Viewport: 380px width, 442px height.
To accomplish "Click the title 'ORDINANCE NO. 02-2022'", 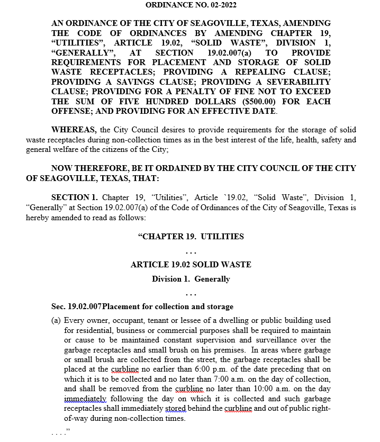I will (191, 5).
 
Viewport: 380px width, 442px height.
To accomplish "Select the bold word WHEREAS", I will (74, 130).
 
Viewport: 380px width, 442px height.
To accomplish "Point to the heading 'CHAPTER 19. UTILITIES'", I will (191, 236).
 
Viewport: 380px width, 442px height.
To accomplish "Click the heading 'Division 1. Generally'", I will (191, 279).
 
